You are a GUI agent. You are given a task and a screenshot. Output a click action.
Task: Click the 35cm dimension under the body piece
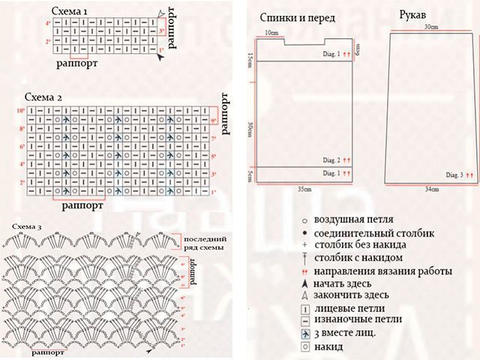(x=304, y=190)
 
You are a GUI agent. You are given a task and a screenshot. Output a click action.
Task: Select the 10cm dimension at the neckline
(x=271, y=33)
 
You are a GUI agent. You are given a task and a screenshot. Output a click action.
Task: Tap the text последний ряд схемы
(x=205, y=242)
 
